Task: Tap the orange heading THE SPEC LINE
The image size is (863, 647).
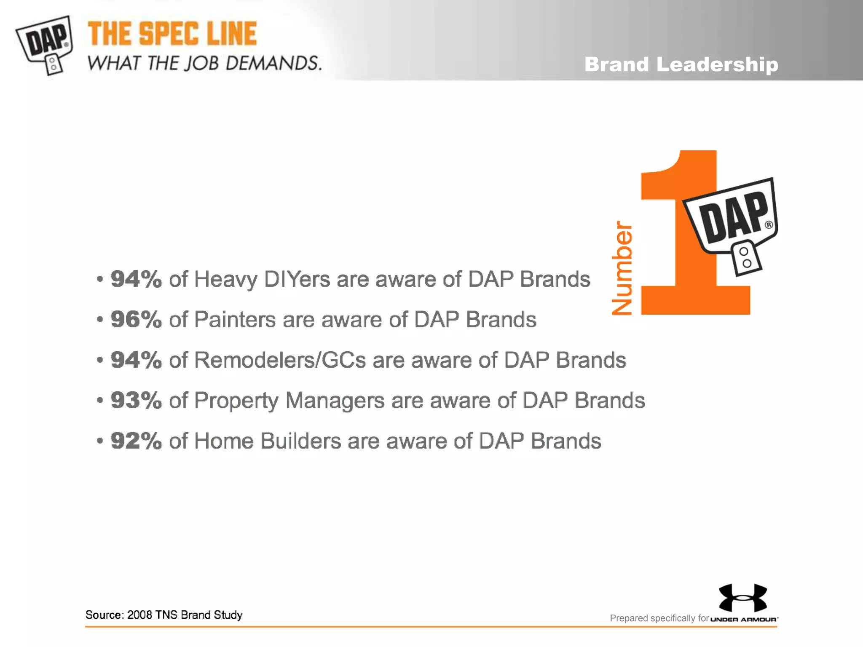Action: (x=172, y=34)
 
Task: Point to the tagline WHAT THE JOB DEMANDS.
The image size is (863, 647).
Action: (x=204, y=63)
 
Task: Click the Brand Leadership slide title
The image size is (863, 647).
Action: (x=681, y=64)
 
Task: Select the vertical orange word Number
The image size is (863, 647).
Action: (x=622, y=268)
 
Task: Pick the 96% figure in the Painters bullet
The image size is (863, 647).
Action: (x=136, y=319)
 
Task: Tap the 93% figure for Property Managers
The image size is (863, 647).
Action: (x=136, y=400)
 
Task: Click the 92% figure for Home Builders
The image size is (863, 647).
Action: (x=136, y=441)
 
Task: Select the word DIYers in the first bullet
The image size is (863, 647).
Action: (x=297, y=279)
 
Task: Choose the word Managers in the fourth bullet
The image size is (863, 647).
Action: (x=335, y=400)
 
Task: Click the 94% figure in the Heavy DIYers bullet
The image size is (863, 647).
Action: (x=136, y=279)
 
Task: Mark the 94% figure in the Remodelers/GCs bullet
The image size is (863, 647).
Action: (x=136, y=360)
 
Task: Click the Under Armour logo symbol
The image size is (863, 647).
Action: (x=743, y=597)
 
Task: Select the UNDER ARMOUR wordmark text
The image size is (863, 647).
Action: (x=744, y=619)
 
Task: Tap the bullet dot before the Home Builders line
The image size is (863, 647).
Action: (x=100, y=441)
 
